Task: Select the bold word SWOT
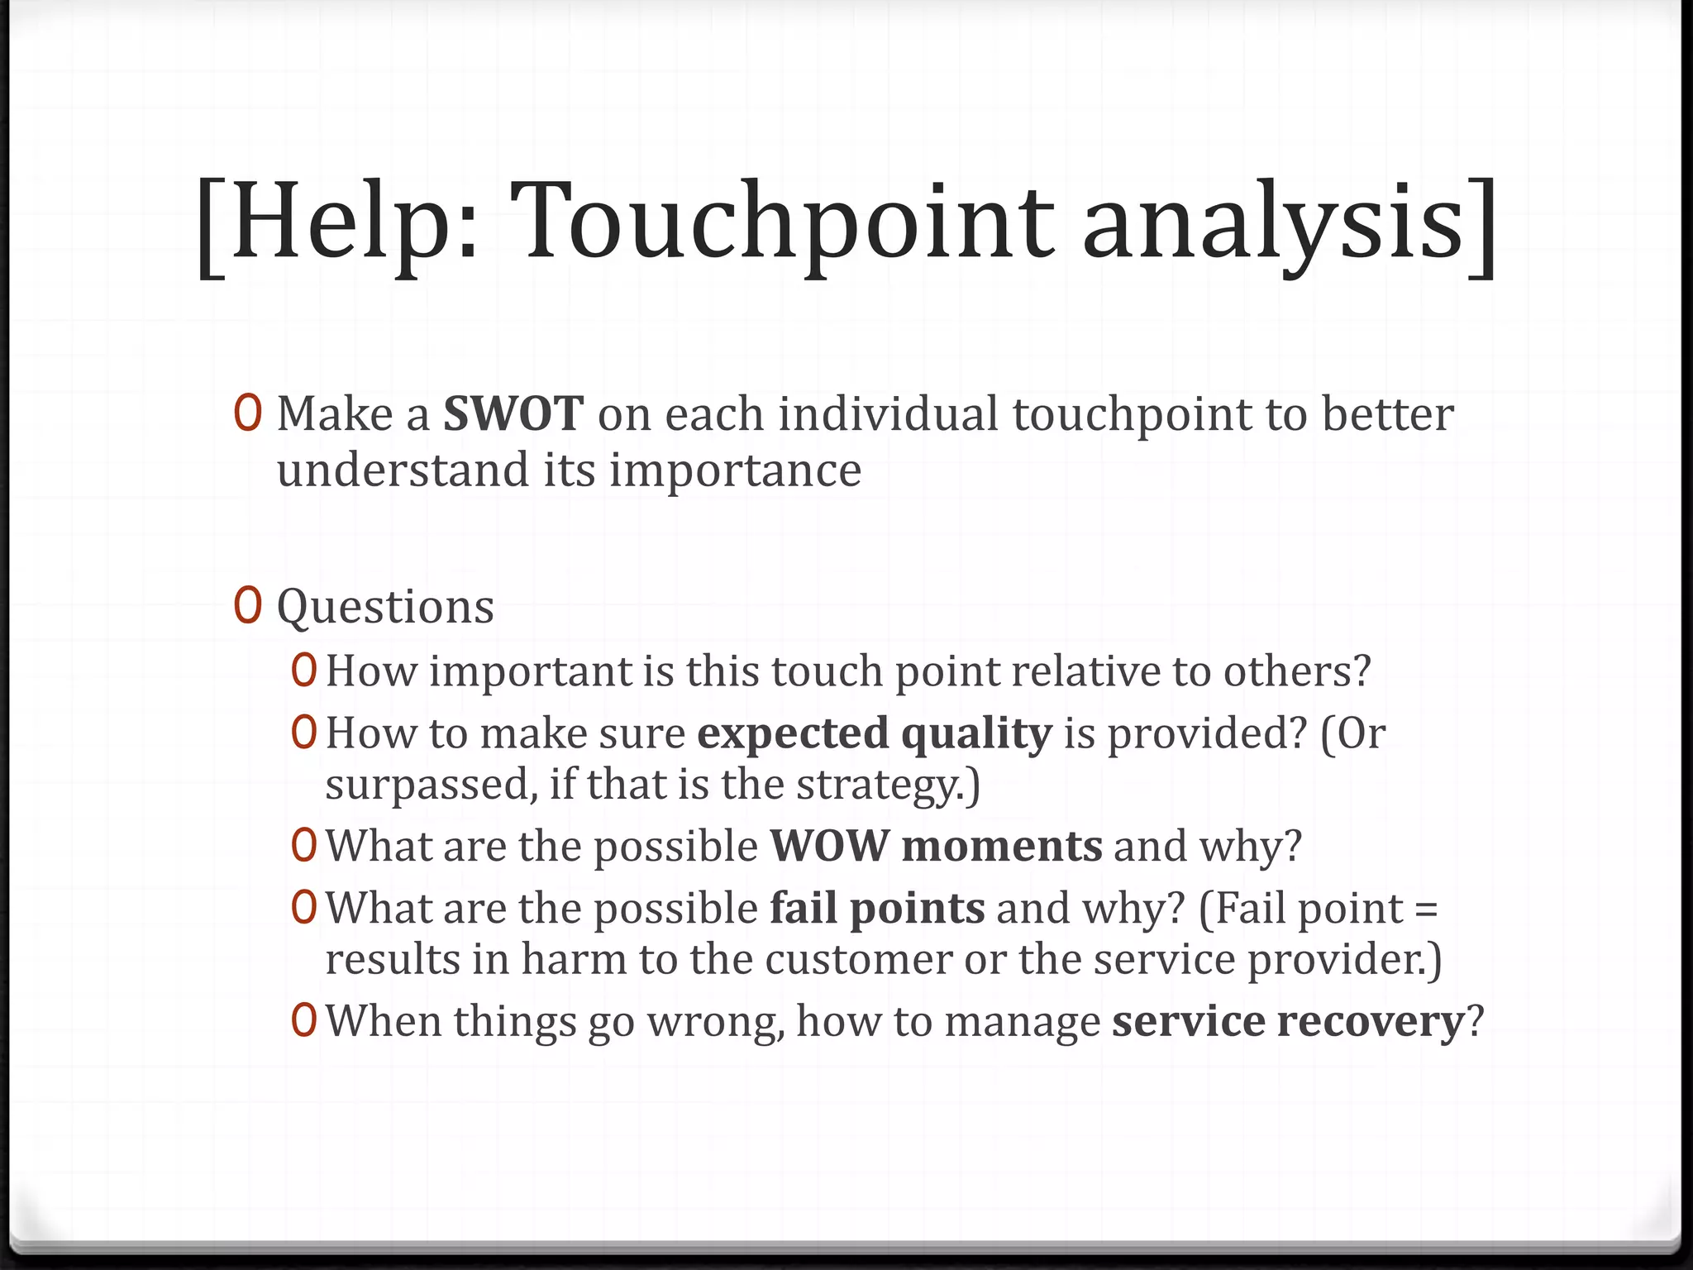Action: coord(513,414)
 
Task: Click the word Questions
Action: coord(385,607)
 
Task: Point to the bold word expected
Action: coord(792,733)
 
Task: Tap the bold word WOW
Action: coord(829,846)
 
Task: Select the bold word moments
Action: coord(1001,847)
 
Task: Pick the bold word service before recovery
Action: coord(1188,1021)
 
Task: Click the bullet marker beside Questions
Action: coord(248,605)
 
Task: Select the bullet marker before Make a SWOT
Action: coord(248,413)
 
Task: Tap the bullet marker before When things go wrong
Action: coord(304,1021)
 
